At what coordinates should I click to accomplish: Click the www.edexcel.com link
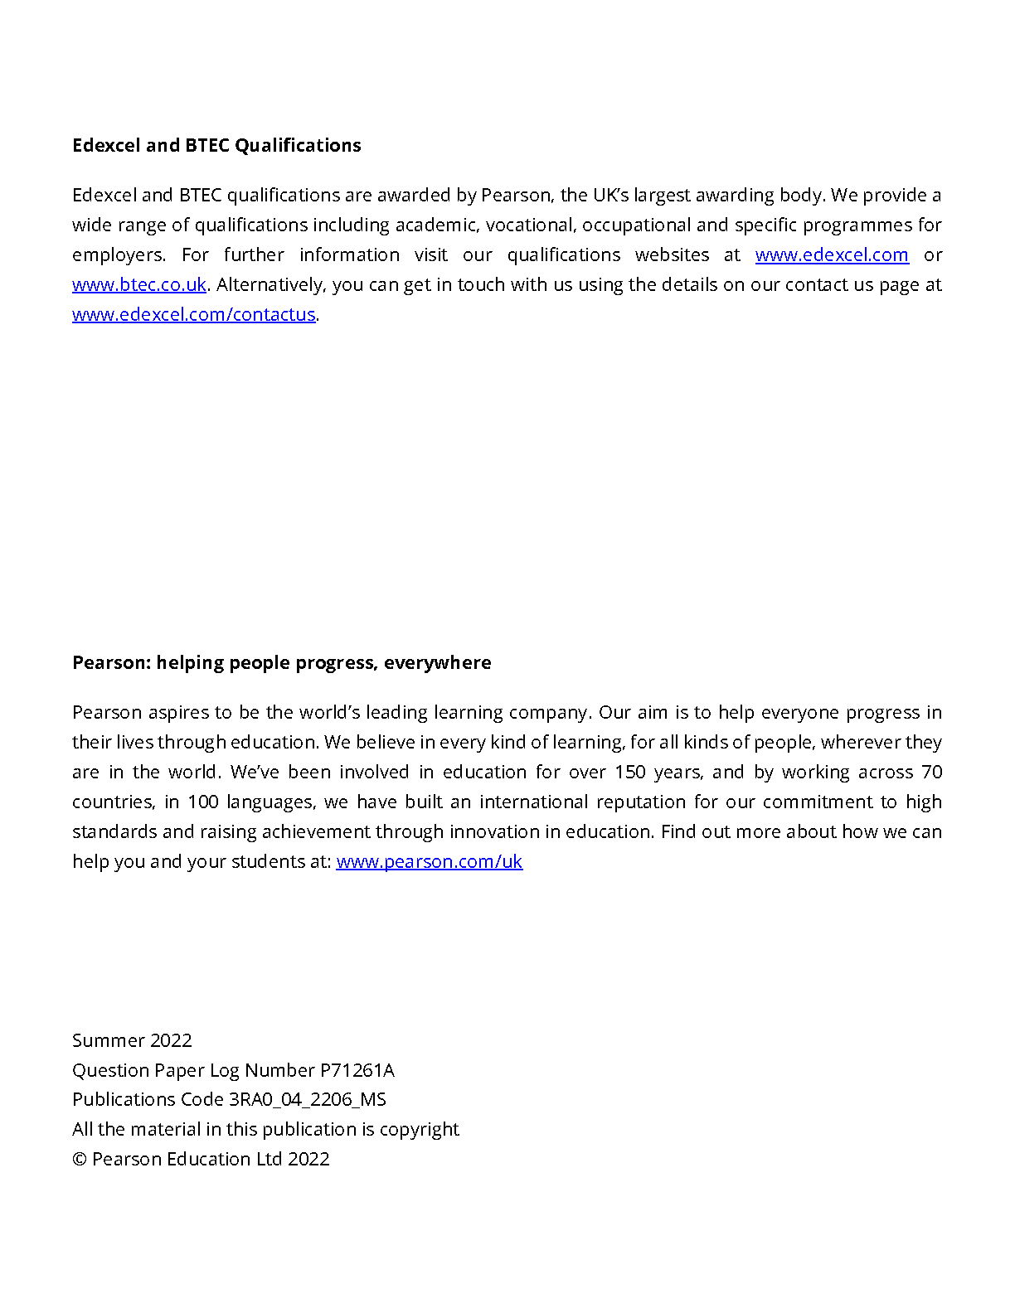(x=831, y=255)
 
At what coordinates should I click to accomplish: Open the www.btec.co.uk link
(x=138, y=285)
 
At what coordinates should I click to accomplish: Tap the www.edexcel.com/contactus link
(x=193, y=315)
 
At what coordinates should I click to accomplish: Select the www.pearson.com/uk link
(x=429, y=862)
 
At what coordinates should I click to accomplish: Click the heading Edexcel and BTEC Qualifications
(x=216, y=146)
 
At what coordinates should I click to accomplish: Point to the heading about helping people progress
(x=281, y=663)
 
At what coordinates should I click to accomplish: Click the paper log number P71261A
(x=357, y=1071)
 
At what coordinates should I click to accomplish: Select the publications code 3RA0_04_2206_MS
(x=307, y=1100)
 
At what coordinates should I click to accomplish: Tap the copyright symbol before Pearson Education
(x=80, y=1160)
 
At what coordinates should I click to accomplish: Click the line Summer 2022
(x=132, y=1041)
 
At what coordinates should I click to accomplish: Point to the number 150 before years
(x=629, y=773)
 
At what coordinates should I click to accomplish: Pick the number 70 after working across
(x=932, y=773)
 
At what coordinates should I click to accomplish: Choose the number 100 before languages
(x=202, y=802)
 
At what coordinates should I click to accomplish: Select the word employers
(x=118, y=255)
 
